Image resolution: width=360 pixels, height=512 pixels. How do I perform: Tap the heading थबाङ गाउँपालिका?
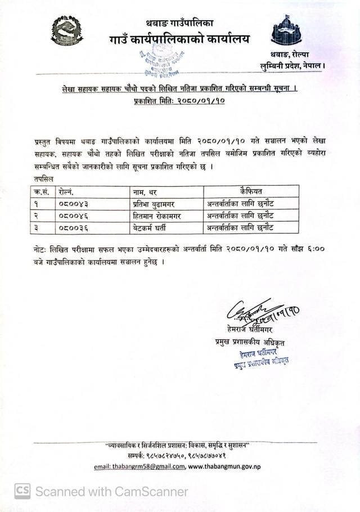(x=180, y=24)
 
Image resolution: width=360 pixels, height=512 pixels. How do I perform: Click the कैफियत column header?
(x=250, y=191)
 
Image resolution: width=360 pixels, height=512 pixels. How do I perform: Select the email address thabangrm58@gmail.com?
(x=139, y=466)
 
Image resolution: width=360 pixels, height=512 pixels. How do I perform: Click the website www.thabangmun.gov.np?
(x=224, y=466)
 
